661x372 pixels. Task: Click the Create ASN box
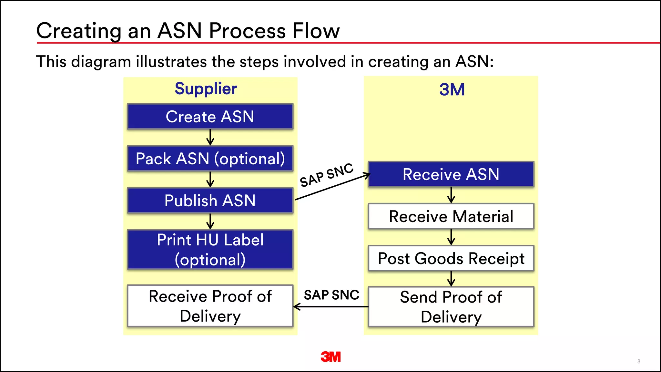[x=210, y=117]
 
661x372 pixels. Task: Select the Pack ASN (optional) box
[x=210, y=159]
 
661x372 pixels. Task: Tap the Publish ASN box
[x=210, y=201]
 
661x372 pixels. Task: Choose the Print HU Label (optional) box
[x=210, y=250]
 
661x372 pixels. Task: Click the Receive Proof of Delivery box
[x=210, y=306]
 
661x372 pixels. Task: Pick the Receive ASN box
[x=451, y=174]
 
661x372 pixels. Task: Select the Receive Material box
[x=451, y=216]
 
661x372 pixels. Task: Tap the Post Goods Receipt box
[x=451, y=258]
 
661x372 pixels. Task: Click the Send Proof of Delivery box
[x=451, y=307]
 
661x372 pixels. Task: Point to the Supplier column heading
[x=206, y=89]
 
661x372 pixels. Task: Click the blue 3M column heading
[x=452, y=89]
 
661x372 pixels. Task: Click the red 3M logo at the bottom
[x=330, y=357]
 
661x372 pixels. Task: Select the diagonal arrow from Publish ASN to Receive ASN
[x=332, y=187]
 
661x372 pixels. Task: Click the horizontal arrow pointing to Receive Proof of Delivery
[x=330, y=307]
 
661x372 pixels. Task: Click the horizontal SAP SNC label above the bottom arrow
[x=331, y=295]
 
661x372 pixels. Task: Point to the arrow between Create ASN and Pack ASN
[x=210, y=138]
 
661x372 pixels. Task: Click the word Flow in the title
[x=316, y=31]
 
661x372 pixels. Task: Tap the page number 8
[x=639, y=361]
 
